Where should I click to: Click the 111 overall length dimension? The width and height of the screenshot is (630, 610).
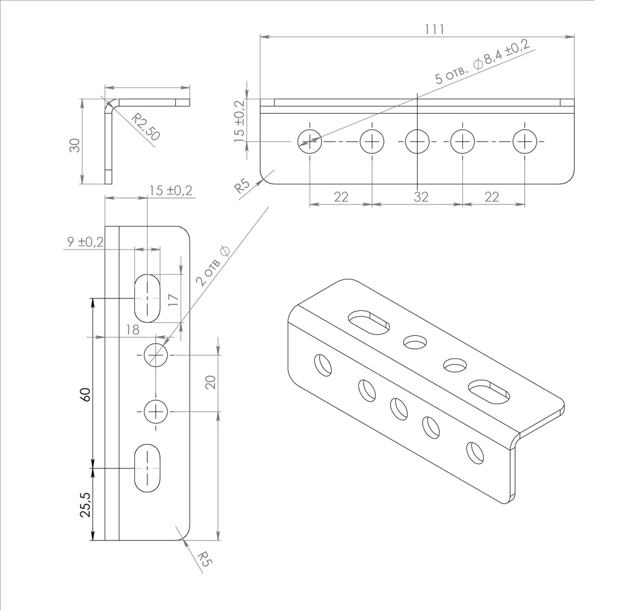click(434, 29)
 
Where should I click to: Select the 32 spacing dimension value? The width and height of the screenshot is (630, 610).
click(421, 197)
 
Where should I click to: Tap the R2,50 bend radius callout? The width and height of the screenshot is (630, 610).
click(146, 127)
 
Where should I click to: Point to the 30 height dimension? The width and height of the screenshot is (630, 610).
click(75, 144)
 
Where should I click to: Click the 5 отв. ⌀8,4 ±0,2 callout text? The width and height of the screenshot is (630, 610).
click(483, 61)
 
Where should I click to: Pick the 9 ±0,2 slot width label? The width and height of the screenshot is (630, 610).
click(85, 242)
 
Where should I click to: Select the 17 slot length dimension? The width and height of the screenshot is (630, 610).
click(172, 300)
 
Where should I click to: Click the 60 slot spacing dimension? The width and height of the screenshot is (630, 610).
click(86, 395)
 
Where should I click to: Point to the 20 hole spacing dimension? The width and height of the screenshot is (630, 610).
click(210, 382)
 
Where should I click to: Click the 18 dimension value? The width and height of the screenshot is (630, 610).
click(133, 329)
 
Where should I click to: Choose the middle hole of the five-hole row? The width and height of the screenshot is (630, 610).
click(417, 142)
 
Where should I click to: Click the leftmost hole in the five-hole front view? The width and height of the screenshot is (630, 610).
click(310, 142)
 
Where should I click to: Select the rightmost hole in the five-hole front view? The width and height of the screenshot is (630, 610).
click(525, 142)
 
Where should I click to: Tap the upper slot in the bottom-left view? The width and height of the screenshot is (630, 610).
click(147, 298)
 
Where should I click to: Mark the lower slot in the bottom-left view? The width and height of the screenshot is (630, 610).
click(147, 468)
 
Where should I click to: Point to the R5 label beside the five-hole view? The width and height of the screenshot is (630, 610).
click(242, 186)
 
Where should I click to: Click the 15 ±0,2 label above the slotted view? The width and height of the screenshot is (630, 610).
click(171, 190)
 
